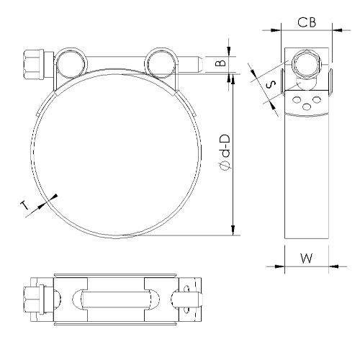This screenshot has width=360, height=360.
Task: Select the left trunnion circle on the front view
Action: tap(70, 61)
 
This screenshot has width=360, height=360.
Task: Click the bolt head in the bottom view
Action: tap(35, 299)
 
